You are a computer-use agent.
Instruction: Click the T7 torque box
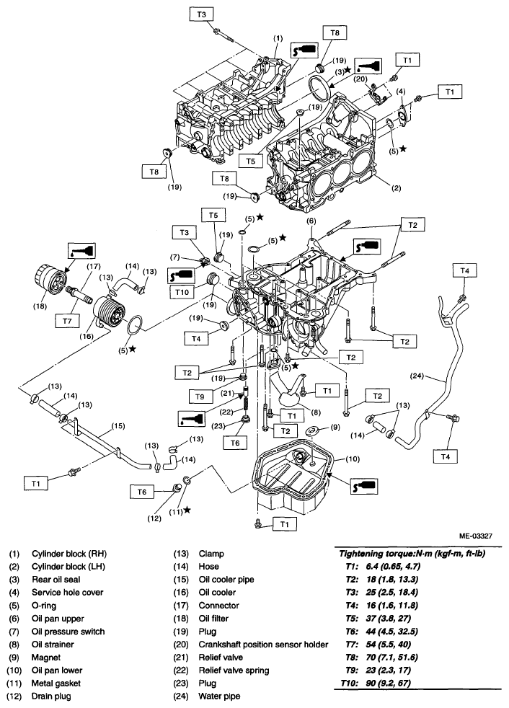(x=67, y=321)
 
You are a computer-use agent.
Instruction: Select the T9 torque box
(x=200, y=397)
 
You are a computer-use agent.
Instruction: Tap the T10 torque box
(x=182, y=292)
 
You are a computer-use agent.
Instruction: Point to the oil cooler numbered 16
(x=109, y=312)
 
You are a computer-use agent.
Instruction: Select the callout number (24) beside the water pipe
(x=417, y=376)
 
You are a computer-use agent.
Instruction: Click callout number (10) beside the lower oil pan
(x=353, y=459)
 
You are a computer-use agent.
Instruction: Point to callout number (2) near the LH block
(x=396, y=188)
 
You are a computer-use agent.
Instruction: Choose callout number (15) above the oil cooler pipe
(x=118, y=426)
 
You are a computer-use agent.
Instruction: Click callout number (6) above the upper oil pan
(x=311, y=221)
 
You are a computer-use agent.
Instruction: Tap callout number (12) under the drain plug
(x=154, y=518)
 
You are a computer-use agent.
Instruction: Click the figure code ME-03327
(x=476, y=536)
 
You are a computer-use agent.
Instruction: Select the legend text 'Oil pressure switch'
(x=68, y=632)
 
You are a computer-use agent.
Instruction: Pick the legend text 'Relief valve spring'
(x=234, y=670)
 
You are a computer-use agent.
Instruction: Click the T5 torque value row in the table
(x=376, y=618)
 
